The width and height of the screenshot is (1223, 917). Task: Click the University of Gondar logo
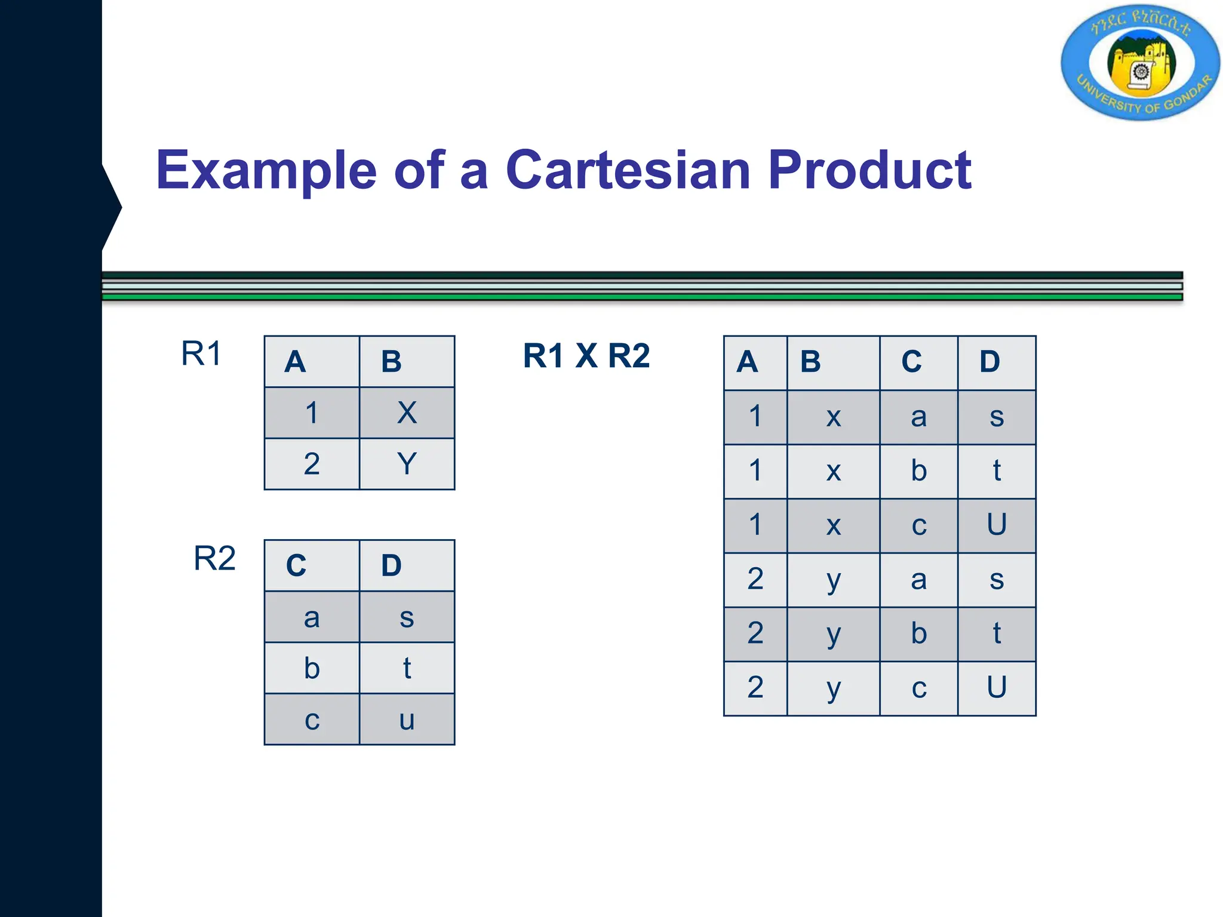tap(1140, 63)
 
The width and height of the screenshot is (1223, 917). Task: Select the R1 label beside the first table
tap(201, 353)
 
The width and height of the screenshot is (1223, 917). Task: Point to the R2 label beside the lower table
tap(214, 559)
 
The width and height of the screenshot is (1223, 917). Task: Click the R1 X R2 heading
tap(586, 356)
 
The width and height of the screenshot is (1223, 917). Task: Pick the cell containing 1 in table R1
tap(312, 413)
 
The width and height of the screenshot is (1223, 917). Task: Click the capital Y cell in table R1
tap(407, 464)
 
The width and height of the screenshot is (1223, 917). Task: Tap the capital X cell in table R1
tap(407, 413)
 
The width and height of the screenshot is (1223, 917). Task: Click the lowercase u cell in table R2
tap(407, 720)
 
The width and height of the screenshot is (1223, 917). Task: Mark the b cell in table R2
tap(312, 668)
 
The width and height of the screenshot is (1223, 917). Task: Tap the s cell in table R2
tap(407, 617)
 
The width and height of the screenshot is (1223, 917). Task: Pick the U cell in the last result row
tap(996, 688)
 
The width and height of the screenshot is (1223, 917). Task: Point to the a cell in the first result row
tap(918, 417)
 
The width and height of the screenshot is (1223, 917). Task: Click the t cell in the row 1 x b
tap(996, 471)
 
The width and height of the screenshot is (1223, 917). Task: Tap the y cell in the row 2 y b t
tap(834, 634)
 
